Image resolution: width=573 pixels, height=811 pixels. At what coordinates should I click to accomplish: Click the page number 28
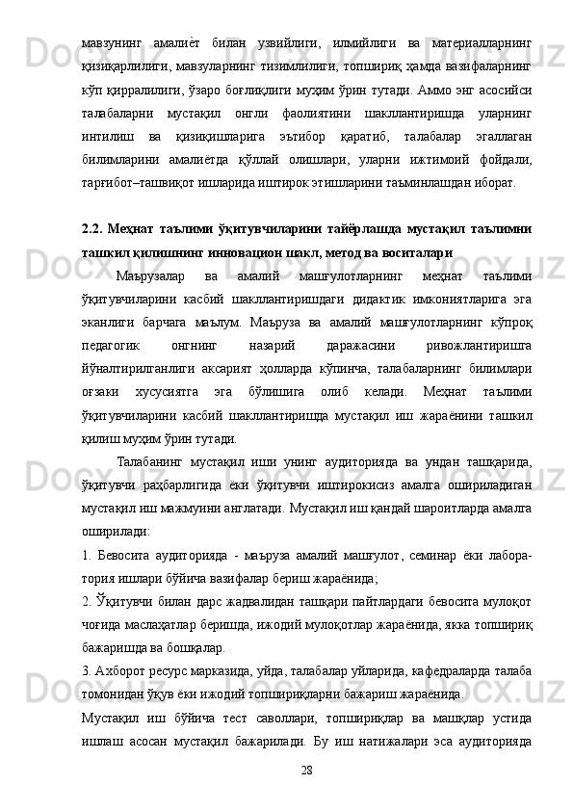click(307, 771)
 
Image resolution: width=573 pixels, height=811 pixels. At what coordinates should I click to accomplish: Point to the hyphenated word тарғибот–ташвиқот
click(130, 180)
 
